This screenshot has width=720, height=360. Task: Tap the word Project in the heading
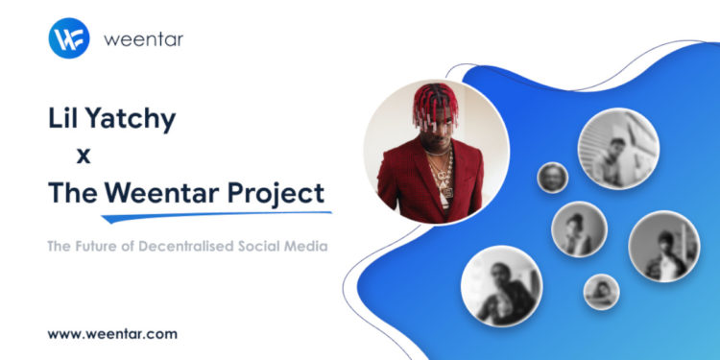pyautogui.click(x=277, y=193)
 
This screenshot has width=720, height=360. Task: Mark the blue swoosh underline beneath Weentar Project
pyautogui.click(x=221, y=211)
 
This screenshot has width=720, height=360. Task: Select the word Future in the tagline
pyautogui.click(x=104, y=246)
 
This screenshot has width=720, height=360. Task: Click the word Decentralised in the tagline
pyautogui.click(x=202, y=246)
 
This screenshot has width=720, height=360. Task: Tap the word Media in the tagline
pyautogui.click(x=312, y=246)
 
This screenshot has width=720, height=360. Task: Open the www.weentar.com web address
pyautogui.click(x=112, y=333)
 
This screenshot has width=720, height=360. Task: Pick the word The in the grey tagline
pyautogui.click(x=60, y=246)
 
